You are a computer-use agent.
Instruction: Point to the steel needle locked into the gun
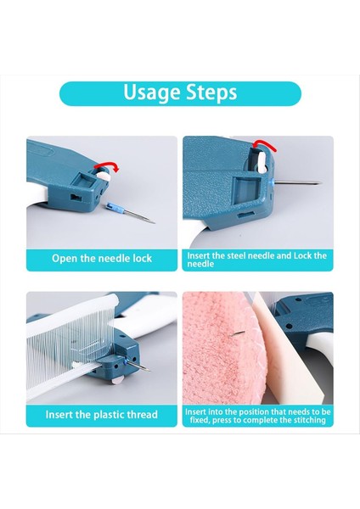[297, 182]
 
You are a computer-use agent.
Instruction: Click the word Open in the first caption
[66, 258]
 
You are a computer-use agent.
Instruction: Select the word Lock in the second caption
[301, 255]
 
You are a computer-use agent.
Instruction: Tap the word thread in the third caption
[142, 416]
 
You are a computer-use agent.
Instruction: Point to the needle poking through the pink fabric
[241, 335]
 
